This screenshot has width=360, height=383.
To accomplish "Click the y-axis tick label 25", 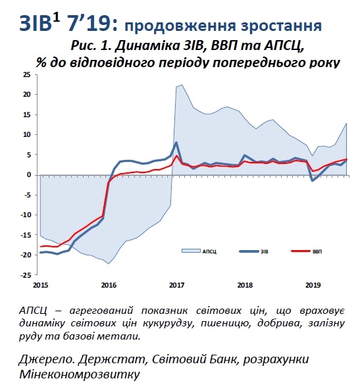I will click(27, 74).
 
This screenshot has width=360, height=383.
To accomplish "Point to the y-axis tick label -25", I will click(26, 275).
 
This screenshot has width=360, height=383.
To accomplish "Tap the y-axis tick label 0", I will click(30, 175).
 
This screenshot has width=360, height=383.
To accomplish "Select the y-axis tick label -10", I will click(26, 215).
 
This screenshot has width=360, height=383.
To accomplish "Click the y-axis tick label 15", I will click(27, 115).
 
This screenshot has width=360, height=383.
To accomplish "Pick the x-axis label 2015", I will click(40, 285).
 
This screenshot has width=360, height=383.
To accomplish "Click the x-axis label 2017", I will click(176, 285).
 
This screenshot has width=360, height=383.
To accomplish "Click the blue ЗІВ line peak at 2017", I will click(176, 142).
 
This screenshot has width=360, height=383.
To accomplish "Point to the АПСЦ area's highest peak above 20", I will click(182, 85).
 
